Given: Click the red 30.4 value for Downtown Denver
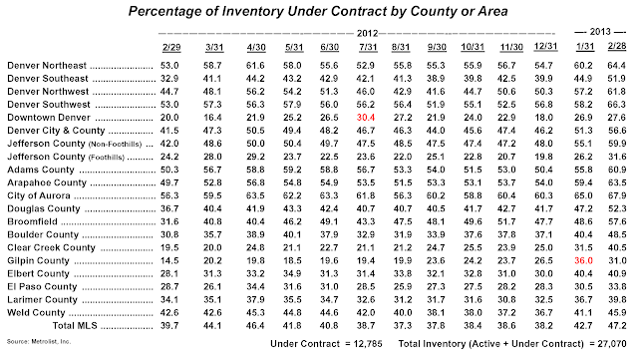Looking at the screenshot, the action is [x=366, y=118].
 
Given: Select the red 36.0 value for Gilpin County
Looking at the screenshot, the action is [x=583, y=261].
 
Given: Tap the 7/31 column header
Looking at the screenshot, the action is [x=368, y=47].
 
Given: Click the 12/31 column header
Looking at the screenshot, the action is [x=545, y=46].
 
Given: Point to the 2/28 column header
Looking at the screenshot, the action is [x=617, y=46].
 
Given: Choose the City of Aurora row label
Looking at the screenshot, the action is [x=39, y=195].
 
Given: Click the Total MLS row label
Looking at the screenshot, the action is [x=75, y=326].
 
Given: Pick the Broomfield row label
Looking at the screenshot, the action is [x=33, y=222].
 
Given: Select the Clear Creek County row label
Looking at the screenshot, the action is [x=51, y=248].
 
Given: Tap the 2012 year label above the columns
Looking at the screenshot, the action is [x=368, y=33].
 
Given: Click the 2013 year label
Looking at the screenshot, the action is [x=600, y=32].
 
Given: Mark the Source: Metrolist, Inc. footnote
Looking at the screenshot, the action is [x=39, y=342].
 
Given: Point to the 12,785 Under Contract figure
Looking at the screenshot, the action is [x=368, y=344].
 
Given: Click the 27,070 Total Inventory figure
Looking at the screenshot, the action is [x=612, y=344].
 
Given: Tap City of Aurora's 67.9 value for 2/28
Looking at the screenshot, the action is [x=617, y=195].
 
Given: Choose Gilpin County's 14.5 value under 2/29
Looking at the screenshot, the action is [x=169, y=261].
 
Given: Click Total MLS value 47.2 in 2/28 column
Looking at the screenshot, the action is [x=617, y=326].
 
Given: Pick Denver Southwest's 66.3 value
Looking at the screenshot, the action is [x=617, y=105].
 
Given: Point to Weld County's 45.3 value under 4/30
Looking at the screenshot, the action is [x=255, y=313].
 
